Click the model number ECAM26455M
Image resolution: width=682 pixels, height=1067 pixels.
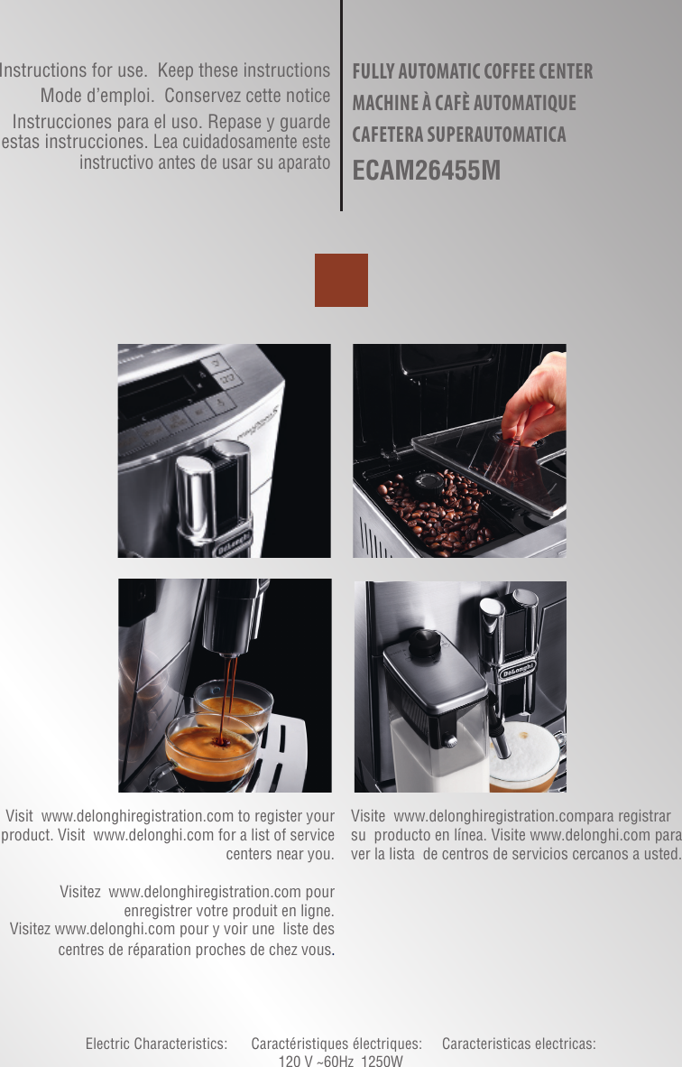tap(427, 170)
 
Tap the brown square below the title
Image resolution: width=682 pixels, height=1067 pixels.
tap(341, 280)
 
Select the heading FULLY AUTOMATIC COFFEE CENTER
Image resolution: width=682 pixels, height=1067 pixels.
tap(472, 71)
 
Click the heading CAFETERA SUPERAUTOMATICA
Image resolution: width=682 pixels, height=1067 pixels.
tap(459, 135)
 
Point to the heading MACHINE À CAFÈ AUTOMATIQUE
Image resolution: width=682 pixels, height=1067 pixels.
tap(464, 103)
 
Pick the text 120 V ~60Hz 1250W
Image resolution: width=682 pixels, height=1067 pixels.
tap(341, 1060)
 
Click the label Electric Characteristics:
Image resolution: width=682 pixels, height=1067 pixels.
tap(156, 1044)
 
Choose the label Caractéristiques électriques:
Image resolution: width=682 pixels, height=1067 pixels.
tap(336, 1044)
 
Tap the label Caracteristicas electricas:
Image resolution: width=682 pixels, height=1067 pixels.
tap(519, 1044)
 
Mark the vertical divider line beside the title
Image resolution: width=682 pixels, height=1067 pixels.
tap(341, 105)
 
